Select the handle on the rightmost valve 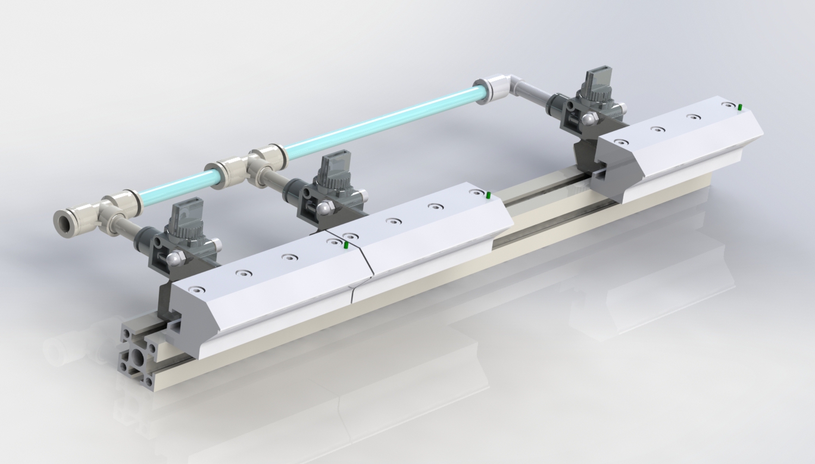(x=594, y=81)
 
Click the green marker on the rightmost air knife (x=739, y=108)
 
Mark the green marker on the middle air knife (x=488, y=195)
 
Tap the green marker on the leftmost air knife (x=346, y=245)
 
